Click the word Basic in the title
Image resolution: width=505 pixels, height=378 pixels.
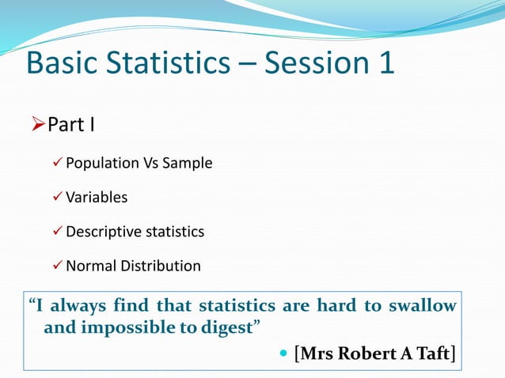60,63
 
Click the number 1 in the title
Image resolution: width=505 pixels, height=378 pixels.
385,63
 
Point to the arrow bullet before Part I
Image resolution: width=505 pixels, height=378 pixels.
37,125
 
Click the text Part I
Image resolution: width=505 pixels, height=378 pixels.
72,125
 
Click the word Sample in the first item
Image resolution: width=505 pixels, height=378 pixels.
188,164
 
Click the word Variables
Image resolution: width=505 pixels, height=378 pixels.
97,198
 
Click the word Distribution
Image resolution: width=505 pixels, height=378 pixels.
161,266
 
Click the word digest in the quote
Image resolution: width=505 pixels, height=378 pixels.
226,327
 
